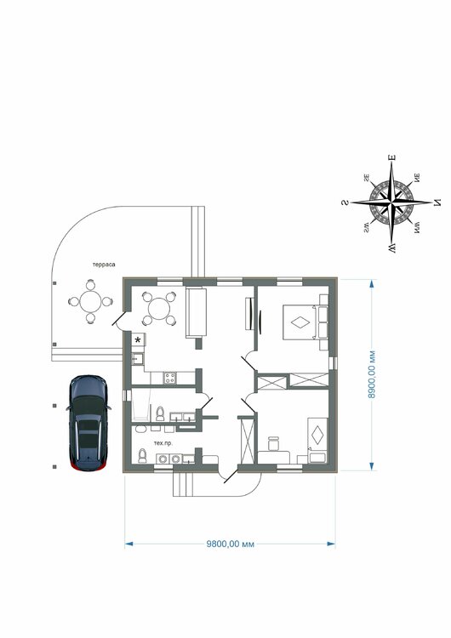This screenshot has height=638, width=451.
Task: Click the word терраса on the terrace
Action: click(x=104, y=265)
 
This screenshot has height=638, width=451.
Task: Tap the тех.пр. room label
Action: click(x=163, y=443)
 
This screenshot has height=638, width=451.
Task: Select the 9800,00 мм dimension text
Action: click(x=231, y=544)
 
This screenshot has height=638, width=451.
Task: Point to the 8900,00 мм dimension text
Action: click(x=371, y=374)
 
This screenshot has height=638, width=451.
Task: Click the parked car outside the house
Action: click(x=88, y=423)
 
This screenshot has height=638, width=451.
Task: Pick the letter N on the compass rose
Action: click(x=437, y=202)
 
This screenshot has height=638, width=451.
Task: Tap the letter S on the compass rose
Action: click(x=345, y=202)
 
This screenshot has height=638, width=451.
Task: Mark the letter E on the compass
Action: click(x=392, y=157)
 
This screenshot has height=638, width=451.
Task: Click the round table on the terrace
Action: click(x=90, y=301)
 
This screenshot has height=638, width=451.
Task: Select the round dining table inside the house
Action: click(x=159, y=309)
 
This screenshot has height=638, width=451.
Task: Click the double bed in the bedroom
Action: click(x=301, y=322)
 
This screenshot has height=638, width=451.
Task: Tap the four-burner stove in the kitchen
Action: click(x=169, y=379)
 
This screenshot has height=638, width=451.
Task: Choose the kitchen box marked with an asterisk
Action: click(x=138, y=339)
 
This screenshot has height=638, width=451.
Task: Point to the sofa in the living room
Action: click(x=197, y=312)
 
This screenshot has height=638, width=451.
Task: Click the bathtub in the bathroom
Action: click(x=140, y=405)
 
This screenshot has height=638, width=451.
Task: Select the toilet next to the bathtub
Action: click(x=160, y=413)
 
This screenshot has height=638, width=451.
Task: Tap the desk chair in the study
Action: click(x=273, y=443)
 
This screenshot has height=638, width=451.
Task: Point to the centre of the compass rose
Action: click(x=391, y=202)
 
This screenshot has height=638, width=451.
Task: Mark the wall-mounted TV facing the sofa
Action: click(x=248, y=314)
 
